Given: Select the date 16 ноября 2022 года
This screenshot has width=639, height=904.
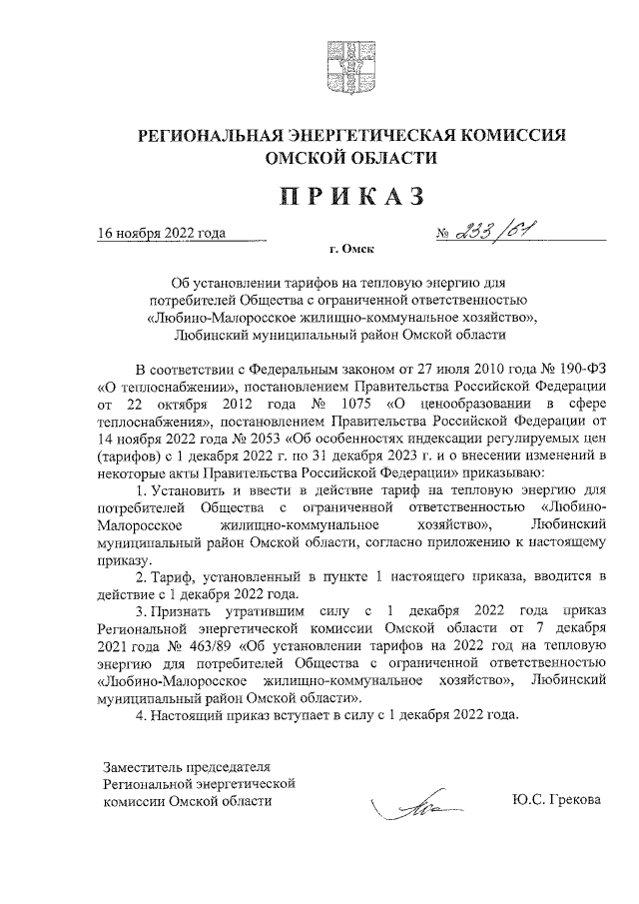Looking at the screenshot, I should click(161, 234).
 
